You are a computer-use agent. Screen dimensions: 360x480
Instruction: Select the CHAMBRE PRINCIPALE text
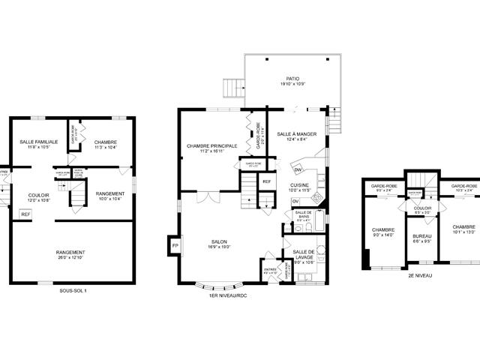[212, 145]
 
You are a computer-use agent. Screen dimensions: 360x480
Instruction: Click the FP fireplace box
[175, 246]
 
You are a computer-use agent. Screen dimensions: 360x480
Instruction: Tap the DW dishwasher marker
[298, 170]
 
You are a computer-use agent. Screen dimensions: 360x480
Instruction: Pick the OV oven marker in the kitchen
[295, 201]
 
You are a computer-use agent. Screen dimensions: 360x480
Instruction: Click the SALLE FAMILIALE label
[37, 142]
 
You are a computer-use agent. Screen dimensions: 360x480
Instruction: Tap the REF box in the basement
[25, 214]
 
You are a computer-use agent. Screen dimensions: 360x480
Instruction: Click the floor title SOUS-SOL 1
[73, 290]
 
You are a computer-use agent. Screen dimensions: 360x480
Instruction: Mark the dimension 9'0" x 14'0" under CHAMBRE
[383, 235]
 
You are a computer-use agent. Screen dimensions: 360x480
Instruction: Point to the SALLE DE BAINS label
[303, 214]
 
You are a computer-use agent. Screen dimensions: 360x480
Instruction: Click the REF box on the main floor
[266, 181]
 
